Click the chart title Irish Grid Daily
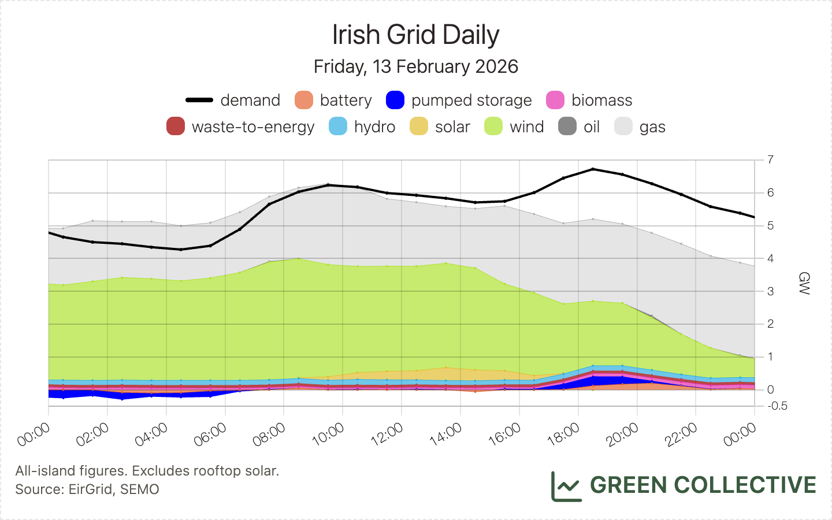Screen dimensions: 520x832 point(415,35)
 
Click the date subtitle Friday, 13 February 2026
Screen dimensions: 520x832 point(415,66)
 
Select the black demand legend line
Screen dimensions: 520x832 point(199,101)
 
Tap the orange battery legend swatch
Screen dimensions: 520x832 point(304,101)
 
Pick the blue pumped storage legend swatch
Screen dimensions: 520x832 point(395,101)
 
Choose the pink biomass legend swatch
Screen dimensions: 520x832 point(555,101)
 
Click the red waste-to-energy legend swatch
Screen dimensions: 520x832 point(176,127)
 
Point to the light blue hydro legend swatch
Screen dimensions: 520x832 point(338,127)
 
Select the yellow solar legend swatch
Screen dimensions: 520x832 point(419,127)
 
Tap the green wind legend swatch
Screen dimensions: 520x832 point(493,127)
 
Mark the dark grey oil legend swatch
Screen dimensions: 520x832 point(567,127)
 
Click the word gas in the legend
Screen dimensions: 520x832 point(652,127)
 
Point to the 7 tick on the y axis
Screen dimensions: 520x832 point(771,159)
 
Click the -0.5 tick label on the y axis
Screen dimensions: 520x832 point(778,406)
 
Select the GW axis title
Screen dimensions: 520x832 point(804,283)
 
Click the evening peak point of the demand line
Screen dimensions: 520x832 point(593,169)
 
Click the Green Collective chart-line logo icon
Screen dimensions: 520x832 point(566,486)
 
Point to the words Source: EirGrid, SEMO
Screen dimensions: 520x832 point(87,489)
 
